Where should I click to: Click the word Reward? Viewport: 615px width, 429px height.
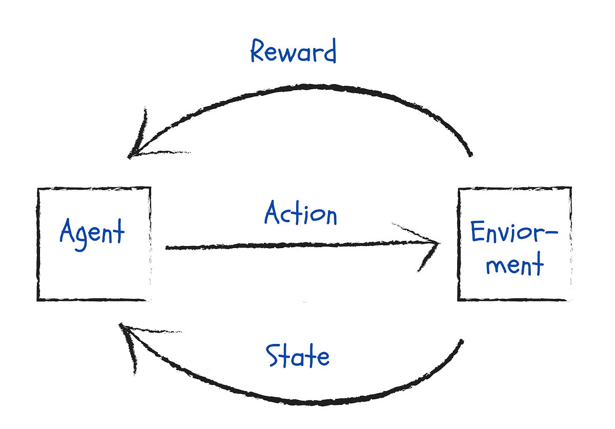pos(293,52)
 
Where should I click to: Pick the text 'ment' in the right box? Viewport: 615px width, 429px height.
pos(514,265)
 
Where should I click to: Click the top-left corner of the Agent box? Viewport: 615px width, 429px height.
pos(38,189)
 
